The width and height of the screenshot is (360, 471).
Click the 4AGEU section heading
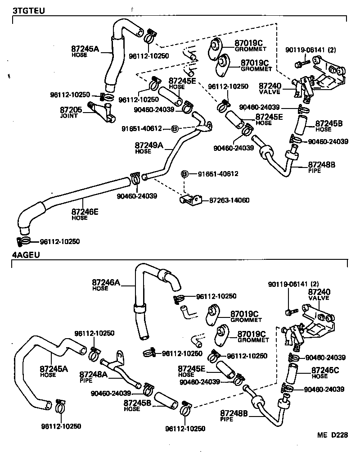26,255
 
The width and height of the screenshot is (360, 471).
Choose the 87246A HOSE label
106,285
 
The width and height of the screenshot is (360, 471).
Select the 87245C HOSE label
327,372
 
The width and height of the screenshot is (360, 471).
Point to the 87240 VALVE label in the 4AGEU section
319,294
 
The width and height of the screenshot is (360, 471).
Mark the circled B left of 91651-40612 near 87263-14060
184,174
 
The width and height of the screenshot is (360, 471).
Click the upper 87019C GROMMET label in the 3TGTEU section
251,46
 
